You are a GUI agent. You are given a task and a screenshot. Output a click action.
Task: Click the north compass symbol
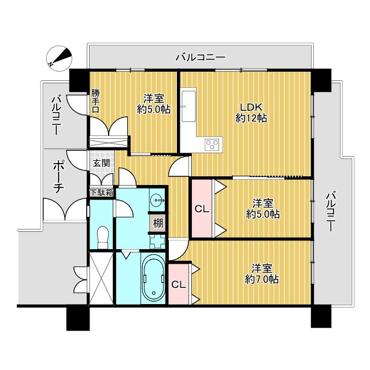click(59, 58)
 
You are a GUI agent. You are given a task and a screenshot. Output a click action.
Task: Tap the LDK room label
click(251, 107)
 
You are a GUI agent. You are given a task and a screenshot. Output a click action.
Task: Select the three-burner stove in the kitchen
click(213, 144)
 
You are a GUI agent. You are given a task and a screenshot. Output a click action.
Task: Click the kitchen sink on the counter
click(189, 106)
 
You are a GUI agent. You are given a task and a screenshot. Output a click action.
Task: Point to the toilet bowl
click(103, 237)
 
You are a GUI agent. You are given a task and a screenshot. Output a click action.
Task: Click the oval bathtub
click(153, 279)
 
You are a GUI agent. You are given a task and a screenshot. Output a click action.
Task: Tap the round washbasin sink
click(156, 200)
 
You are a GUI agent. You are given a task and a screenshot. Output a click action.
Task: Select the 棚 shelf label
click(158, 223)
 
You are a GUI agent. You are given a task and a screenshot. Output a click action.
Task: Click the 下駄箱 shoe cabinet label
click(102, 193)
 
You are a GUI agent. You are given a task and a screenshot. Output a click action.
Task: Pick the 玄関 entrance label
click(102, 163)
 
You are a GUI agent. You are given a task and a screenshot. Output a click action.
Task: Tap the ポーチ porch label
click(58, 177)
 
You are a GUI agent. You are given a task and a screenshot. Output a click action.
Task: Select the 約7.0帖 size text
click(262, 279)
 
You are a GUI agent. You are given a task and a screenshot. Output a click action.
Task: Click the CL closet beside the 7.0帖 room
click(179, 284)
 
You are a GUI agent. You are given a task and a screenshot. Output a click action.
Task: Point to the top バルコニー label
click(201, 57)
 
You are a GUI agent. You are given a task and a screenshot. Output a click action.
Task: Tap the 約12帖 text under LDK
click(251, 118)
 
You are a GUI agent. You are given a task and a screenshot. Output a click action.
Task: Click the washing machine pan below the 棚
click(157, 242)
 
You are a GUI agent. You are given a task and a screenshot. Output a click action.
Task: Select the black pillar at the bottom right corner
click(321, 317)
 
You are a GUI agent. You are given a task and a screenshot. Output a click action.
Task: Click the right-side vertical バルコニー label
click(330, 212)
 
